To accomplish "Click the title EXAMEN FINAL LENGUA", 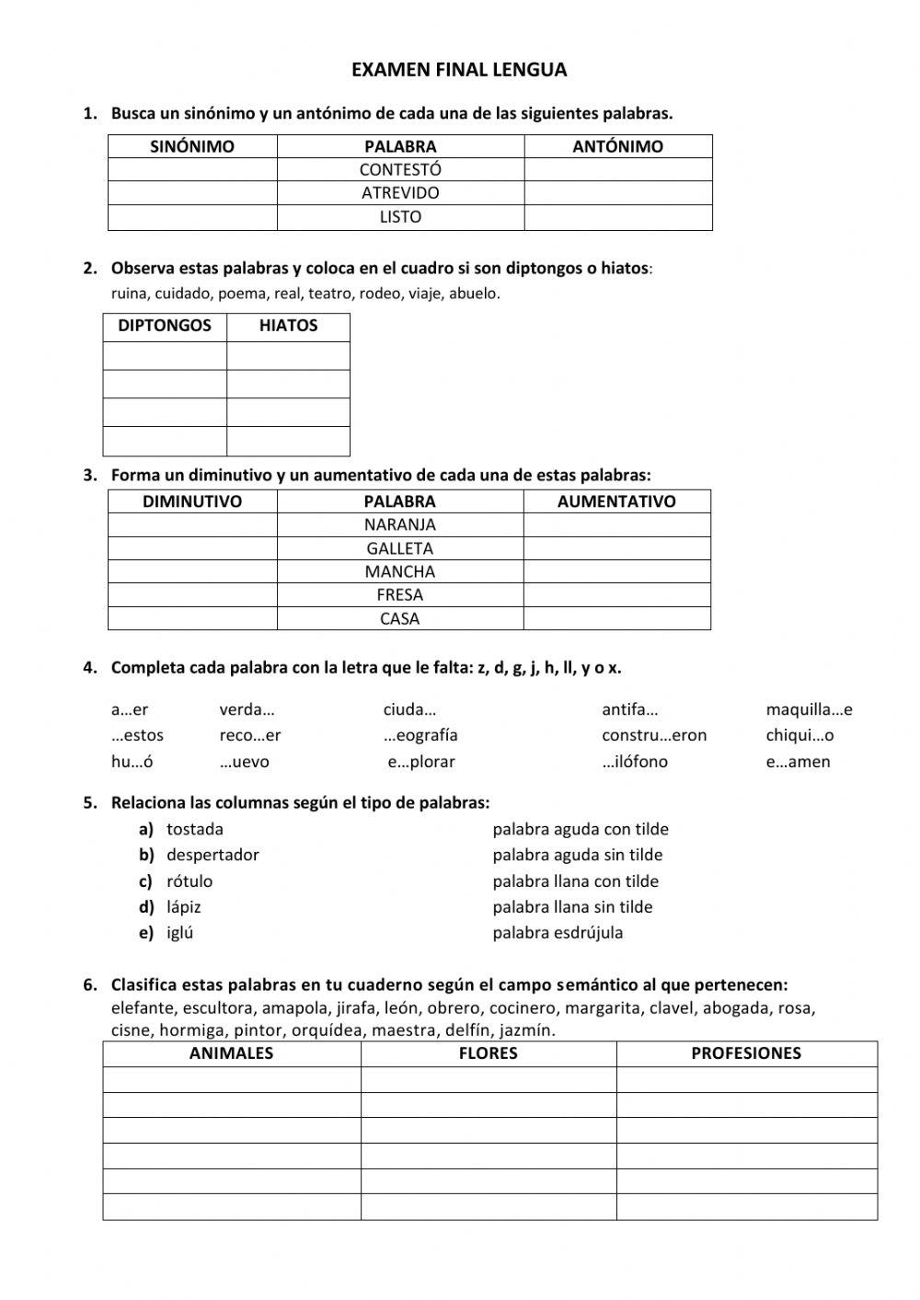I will point(459,70).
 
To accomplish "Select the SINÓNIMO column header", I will point(192,146).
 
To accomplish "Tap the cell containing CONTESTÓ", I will point(400,169).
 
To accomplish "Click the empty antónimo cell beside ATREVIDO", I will point(617,193).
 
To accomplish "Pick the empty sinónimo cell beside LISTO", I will point(192,217).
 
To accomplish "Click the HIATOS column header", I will point(288,326).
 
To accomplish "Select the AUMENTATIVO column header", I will point(616,501).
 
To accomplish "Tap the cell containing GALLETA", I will point(400,548).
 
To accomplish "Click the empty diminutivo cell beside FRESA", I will point(192,595).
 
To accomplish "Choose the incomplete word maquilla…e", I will point(809,709).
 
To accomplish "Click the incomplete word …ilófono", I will point(635,762).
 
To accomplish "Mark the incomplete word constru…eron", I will point(654,735).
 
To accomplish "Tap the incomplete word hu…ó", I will point(132,762).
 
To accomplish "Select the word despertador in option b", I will point(213,855).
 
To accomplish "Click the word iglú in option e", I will point(180,932).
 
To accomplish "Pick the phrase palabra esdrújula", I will point(558,932).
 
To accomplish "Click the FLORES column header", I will point(488,1053).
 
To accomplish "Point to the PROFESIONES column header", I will point(746,1053).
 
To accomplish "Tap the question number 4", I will point(89,668).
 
